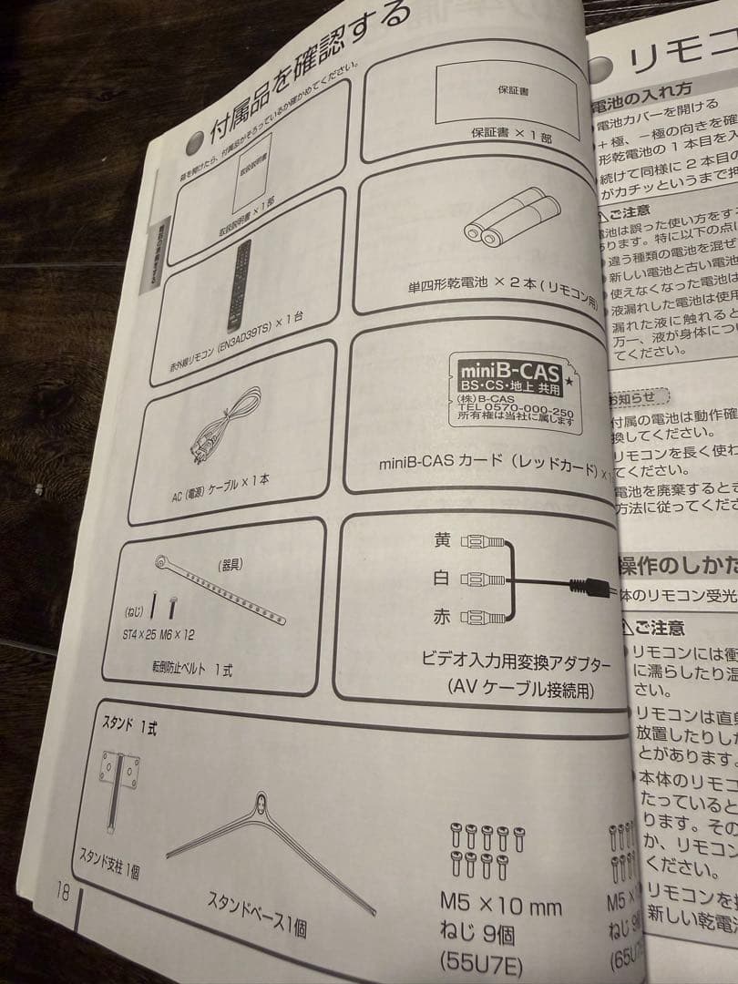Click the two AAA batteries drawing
(511, 219)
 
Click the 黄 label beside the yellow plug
(442, 540)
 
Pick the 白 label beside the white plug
(442, 579)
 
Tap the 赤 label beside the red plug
(442, 617)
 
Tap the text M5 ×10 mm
(500, 906)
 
